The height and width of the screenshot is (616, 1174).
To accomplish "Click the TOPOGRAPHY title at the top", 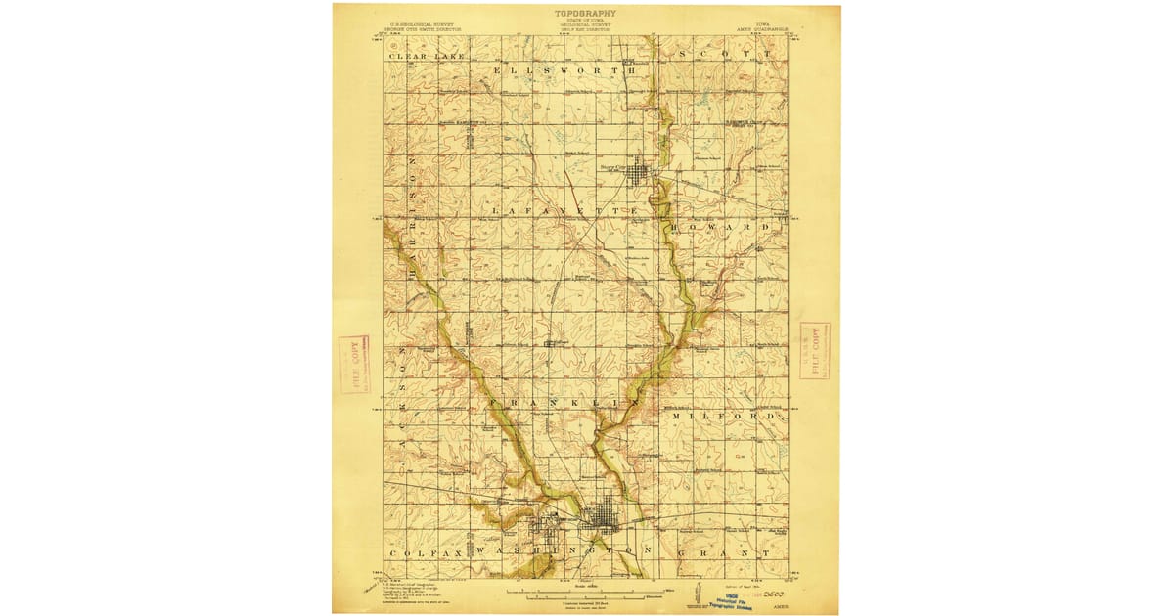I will point(586,14).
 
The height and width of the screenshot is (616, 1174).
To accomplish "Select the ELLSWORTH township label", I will point(564,71).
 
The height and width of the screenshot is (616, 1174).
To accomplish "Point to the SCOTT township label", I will point(717,56).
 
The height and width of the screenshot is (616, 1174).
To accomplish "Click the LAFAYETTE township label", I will point(565,211).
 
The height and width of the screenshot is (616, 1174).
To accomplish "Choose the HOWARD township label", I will point(727,226).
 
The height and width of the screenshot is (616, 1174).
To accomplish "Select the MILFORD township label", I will point(727,417).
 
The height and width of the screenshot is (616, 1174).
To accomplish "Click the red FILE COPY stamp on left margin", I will point(354,364).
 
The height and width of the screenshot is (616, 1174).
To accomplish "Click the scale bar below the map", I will point(585,592).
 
